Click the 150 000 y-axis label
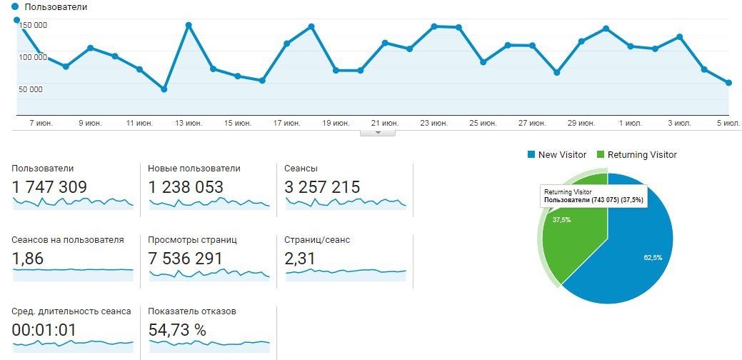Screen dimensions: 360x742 (x=34, y=25)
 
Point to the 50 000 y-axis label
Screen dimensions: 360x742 (x=31, y=89)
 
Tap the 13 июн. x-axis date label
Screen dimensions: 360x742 (x=189, y=124)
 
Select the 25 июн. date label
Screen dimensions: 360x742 (x=483, y=124)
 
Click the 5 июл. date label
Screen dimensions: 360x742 (x=728, y=124)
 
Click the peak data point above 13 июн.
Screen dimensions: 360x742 (x=189, y=25)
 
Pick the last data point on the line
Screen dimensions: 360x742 (x=728, y=83)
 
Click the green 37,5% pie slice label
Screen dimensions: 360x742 (x=561, y=220)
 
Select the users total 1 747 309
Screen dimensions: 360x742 (x=49, y=188)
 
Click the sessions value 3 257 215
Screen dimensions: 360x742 (x=322, y=188)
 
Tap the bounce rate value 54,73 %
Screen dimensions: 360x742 (x=177, y=330)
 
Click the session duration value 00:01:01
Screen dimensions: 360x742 (x=44, y=330)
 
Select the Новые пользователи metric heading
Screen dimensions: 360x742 (x=194, y=169)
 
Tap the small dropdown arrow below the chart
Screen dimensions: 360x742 (x=379, y=132)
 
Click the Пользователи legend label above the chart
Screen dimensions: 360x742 (x=56, y=6)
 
